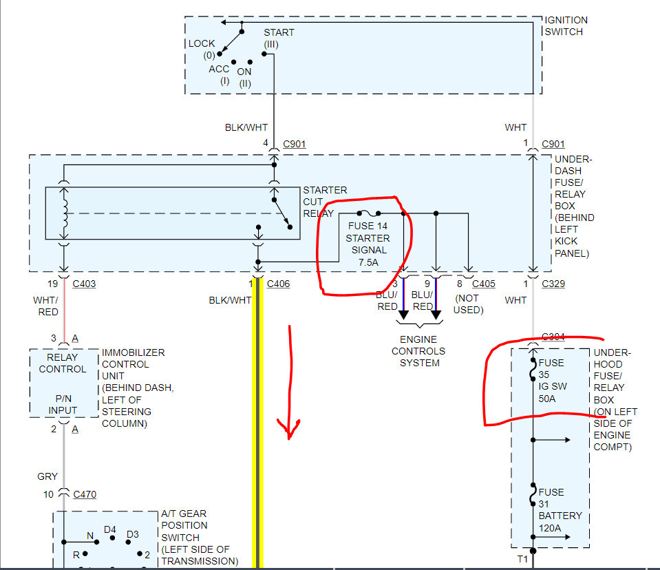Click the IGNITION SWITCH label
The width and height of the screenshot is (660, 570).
566,26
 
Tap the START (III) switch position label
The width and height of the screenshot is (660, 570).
278,39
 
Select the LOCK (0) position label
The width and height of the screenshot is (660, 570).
202,49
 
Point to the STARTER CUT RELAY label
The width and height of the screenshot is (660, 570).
325,202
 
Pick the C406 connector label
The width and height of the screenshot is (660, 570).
278,284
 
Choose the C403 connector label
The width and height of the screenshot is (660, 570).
84,284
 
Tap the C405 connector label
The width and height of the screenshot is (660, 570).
483,284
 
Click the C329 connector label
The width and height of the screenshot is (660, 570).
553,284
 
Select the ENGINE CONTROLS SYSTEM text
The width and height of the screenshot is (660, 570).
419,351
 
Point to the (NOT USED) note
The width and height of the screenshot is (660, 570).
469,305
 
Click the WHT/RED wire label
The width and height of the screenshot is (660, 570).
47,306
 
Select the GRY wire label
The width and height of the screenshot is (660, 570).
47,476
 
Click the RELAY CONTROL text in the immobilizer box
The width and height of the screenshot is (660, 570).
63,363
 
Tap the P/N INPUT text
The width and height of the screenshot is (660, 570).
63,404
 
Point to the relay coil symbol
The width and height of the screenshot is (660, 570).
65,213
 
